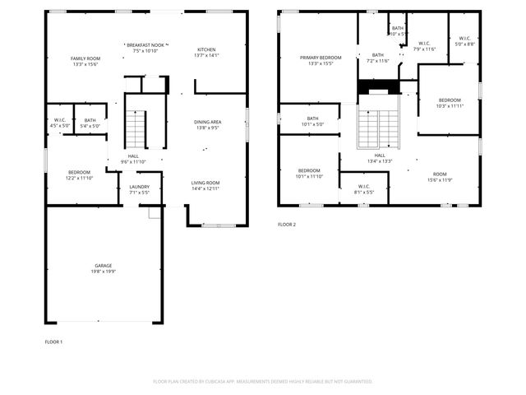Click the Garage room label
(x=104, y=265)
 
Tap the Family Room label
(x=85, y=59)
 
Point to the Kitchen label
(x=206, y=49)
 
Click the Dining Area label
(x=207, y=122)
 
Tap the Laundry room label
(x=140, y=187)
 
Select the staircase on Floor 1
(x=136, y=128)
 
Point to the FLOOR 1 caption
(x=53, y=341)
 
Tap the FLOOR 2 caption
(x=286, y=224)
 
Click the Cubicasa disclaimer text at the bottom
(x=263, y=381)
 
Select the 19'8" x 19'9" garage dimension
(x=104, y=271)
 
